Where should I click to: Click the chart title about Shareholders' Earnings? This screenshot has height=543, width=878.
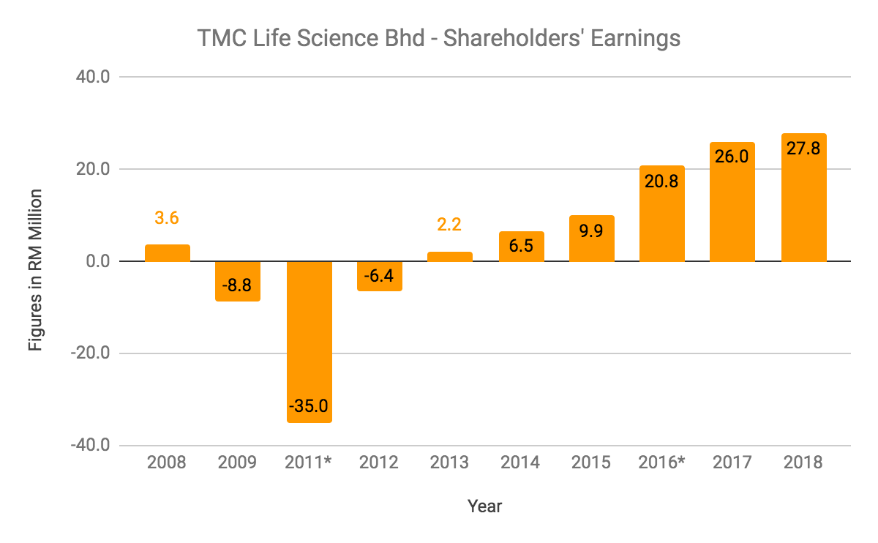tap(439, 38)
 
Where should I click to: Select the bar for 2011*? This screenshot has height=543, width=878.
tap(309, 341)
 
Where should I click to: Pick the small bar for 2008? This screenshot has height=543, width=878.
tap(167, 253)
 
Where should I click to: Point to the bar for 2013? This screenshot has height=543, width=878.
tap(450, 257)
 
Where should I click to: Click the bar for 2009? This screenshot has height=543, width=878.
tap(238, 281)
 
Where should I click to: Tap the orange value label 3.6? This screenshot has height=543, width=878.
tap(167, 218)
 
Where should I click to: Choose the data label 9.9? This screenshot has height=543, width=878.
tap(591, 231)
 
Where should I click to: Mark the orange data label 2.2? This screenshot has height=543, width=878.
tap(450, 225)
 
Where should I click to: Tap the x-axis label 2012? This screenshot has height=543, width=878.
tap(379, 463)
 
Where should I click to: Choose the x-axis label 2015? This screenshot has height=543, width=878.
tap(591, 463)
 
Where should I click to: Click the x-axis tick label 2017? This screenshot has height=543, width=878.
tap(732, 463)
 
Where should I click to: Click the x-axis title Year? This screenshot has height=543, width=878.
tap(484, 506)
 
